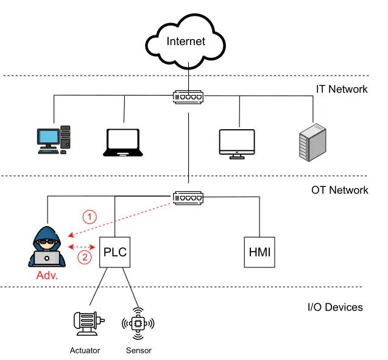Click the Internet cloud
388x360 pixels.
coord(186,42)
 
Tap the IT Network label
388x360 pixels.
coord(341,89)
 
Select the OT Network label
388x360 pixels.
coord(339,190)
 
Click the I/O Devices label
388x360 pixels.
coord(335,306)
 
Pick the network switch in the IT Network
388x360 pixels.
coord(188,96)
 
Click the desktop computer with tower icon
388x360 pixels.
coord(54,140)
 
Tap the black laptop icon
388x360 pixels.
coord(124,143)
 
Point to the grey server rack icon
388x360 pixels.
coord(312,142)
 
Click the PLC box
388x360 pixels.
coord(115,252)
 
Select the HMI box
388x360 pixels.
coord(259,252)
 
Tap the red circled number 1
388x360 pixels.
coord(90,216)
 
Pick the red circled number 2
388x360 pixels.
coord(85,257)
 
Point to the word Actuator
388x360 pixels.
coord(85,350)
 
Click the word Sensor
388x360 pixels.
coord(138,350)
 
